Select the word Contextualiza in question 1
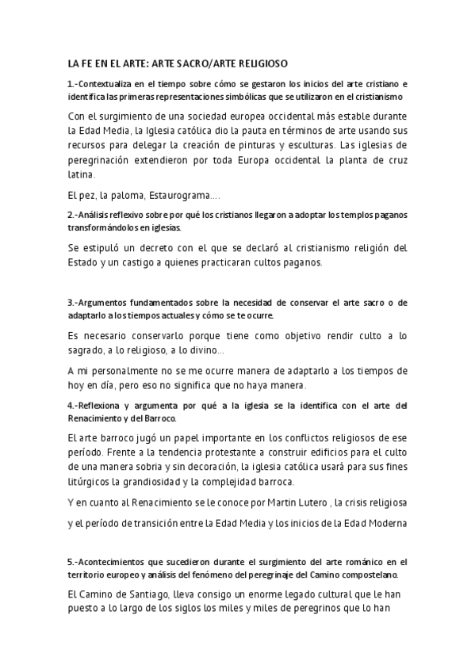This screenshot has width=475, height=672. pyautogui.click(x=108, y=83)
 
